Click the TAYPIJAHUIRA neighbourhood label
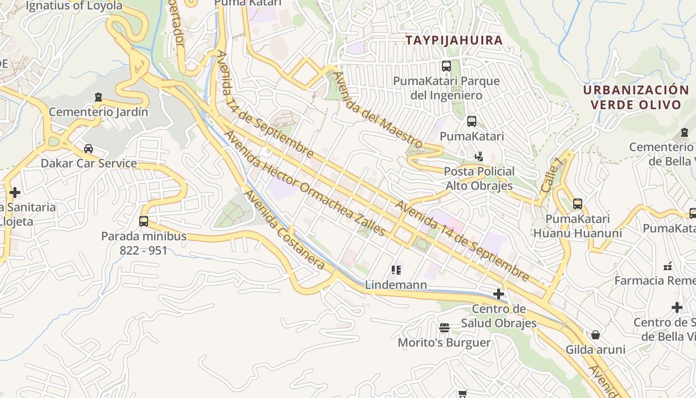(x=454, y=40)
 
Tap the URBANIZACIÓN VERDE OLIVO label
(x=636, y=98)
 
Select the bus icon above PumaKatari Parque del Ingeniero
(x=446, y=66)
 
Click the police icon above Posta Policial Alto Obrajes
(x=479, y=156)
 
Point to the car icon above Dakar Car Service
(x=88, y=148)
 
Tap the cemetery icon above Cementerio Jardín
(x=98, y=97)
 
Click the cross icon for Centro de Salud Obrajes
(x=499, y=294)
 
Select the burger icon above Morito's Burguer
(x=444, y=327)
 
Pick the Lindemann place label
(x=396, y=285)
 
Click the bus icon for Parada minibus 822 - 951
(x=144, y=221)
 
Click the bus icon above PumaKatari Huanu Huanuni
(x=577, y=203)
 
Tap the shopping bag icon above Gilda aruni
(x=596, y=334)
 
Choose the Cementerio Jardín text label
(x=98, y=112)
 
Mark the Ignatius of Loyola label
(x=74, y=6)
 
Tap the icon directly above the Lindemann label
(x=396, y=270)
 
